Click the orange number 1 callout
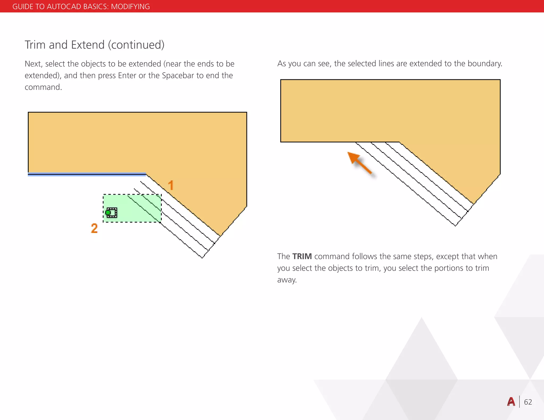point(171,185)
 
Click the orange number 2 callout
point(94,228)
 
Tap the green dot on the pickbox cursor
point(108,213)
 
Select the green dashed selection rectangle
point(132,208)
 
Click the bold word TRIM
point(302,256)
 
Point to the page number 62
point(528,402)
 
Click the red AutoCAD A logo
point(511,402)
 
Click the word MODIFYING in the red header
point(130,6)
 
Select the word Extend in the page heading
point(88,45)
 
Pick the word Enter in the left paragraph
point(127,76)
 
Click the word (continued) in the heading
point(136,45)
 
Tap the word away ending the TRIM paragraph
point(287,280)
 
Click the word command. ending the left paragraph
point(43,87)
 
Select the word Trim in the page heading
point(35,45)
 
